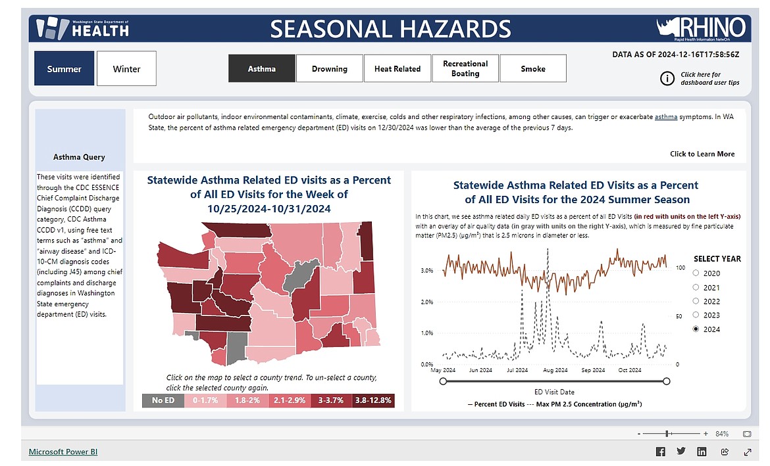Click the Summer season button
click(64, 68)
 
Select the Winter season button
click(127, 68)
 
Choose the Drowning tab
click(330, 68)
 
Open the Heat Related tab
click(398, 68)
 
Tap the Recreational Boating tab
click(465, 68)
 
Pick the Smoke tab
click(533, 68)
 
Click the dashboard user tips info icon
click(667, 78)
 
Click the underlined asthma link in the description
click(666, 117)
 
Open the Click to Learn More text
click(702, 154)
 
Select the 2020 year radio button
click(696, 273)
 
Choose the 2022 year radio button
click(696, 301)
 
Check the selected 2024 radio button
click(696, 329)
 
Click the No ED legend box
click(163, 400)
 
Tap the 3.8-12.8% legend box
click(373, 400)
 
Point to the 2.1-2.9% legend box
click(289, 400)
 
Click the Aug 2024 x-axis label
click(555, 370)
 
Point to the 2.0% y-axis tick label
click(426, 302)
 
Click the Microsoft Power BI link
click(63, 452)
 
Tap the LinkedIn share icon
click(702, 452)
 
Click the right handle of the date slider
click(667, 381)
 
